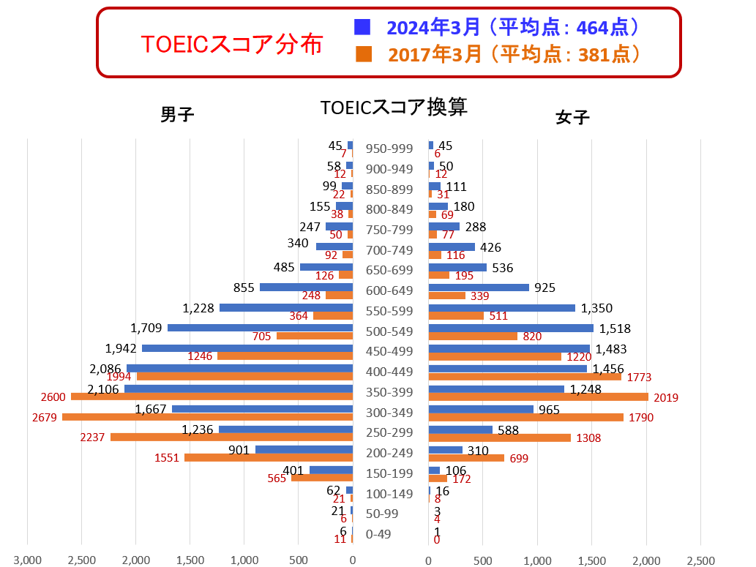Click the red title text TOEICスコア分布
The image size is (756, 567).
(231, 45)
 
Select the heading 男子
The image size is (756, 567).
(177, 115)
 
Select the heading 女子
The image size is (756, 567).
(572, 117)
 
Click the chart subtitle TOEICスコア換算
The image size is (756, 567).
(394, 108)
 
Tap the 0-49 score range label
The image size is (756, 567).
(378, 534)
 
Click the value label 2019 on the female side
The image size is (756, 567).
(665, 398)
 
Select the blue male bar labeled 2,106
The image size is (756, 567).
(238, 388)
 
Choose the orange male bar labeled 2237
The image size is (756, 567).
(231, 437)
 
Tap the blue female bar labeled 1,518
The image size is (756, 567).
(511, 328)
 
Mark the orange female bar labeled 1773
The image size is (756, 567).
(525, 377)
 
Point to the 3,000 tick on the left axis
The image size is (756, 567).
(28, 560)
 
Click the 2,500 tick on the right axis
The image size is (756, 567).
(700, 560)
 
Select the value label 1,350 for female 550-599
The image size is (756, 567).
(596, 308)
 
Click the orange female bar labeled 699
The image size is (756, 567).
(466, 458)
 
